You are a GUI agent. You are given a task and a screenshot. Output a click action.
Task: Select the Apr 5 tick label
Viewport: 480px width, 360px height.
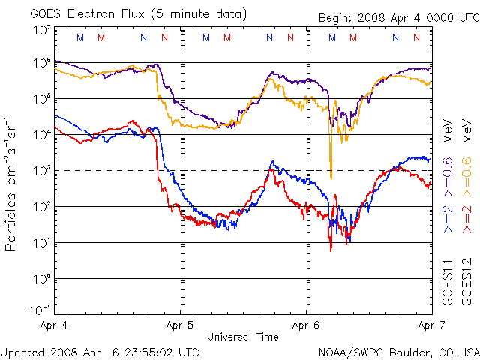(x=180, y=326)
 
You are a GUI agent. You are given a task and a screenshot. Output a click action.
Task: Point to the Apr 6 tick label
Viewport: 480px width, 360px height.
(x=306, y=326)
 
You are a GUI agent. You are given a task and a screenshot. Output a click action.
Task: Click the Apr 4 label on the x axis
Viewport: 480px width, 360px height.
(x=55, y=326)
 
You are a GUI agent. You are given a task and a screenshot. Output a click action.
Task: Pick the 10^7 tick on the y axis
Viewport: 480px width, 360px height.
(x=41, y=29)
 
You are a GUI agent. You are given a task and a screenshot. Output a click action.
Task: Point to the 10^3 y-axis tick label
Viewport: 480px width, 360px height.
(x=41, y=171)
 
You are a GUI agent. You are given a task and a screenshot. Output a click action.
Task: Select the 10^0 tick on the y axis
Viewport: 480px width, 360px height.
(x=41, y=279)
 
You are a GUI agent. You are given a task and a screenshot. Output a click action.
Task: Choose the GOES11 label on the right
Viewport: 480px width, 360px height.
(x=447, y=284)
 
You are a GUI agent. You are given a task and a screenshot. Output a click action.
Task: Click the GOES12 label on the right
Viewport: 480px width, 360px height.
(x=466, y=284)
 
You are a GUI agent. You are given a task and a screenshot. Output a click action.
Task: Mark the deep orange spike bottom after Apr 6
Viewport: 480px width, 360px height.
(x=331, y=178)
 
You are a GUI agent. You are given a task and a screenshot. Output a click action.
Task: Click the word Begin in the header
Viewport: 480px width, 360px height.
(x=334, y=18)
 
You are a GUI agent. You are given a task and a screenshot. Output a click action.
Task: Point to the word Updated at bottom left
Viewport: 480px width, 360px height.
(x=22, y=351)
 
